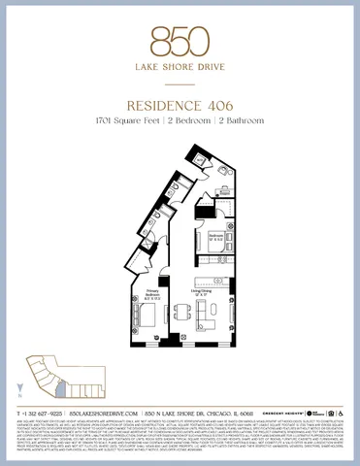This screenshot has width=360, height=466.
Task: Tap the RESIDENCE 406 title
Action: (x=180, y=103)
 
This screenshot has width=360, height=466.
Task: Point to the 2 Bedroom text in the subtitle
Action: (x=181, y=119)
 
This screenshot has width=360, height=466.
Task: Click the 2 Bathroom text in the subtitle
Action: (x=230, y=119)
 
